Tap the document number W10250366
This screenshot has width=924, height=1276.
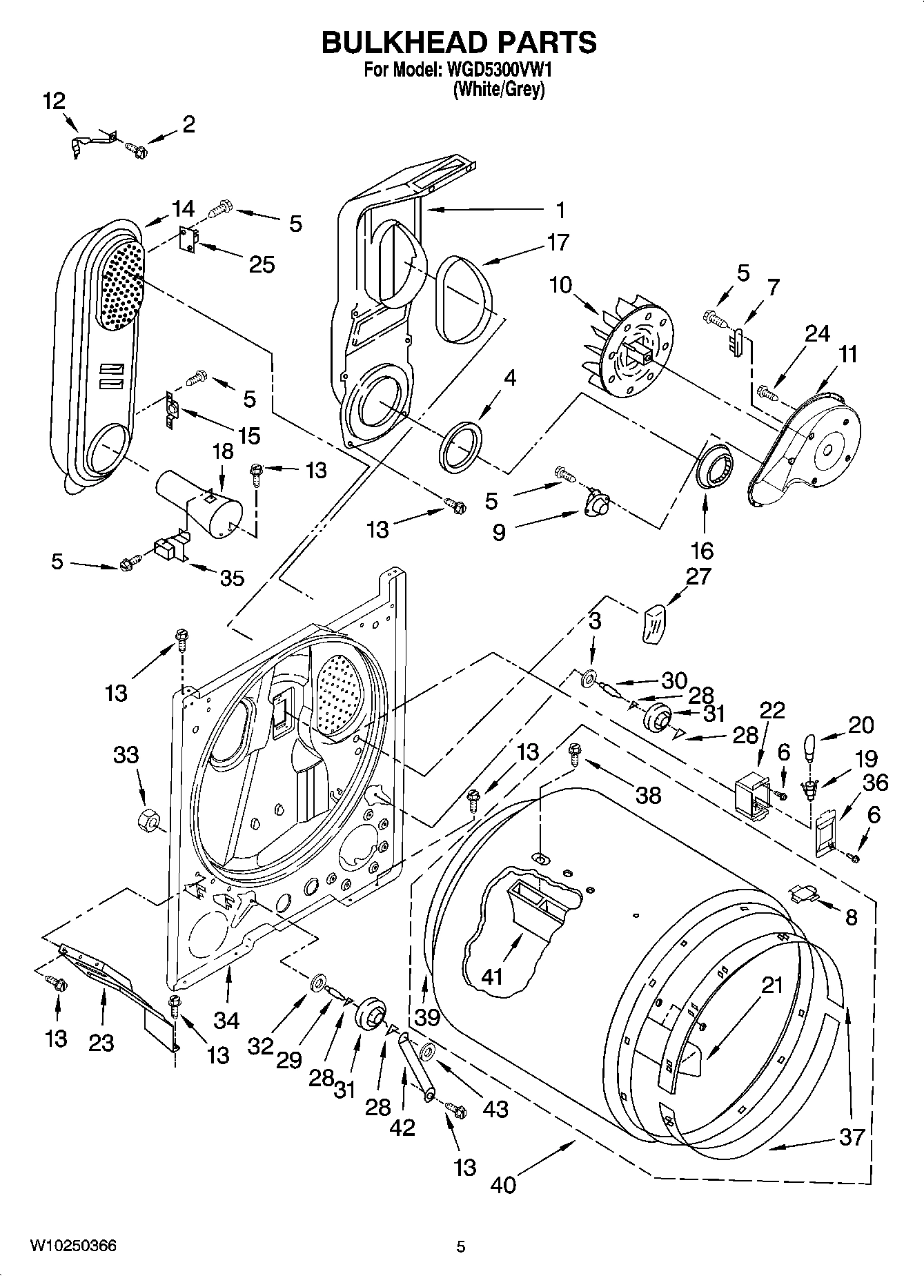[73, 1246]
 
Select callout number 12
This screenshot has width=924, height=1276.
[54, 101]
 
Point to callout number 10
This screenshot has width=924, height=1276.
[561, 284]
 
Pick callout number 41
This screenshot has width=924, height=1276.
[492, 976]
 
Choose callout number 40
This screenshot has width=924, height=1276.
[503, 1185]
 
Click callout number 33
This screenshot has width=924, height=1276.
[126, 755]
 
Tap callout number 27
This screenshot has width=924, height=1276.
[698, 576]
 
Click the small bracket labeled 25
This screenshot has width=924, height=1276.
[188, 239]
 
